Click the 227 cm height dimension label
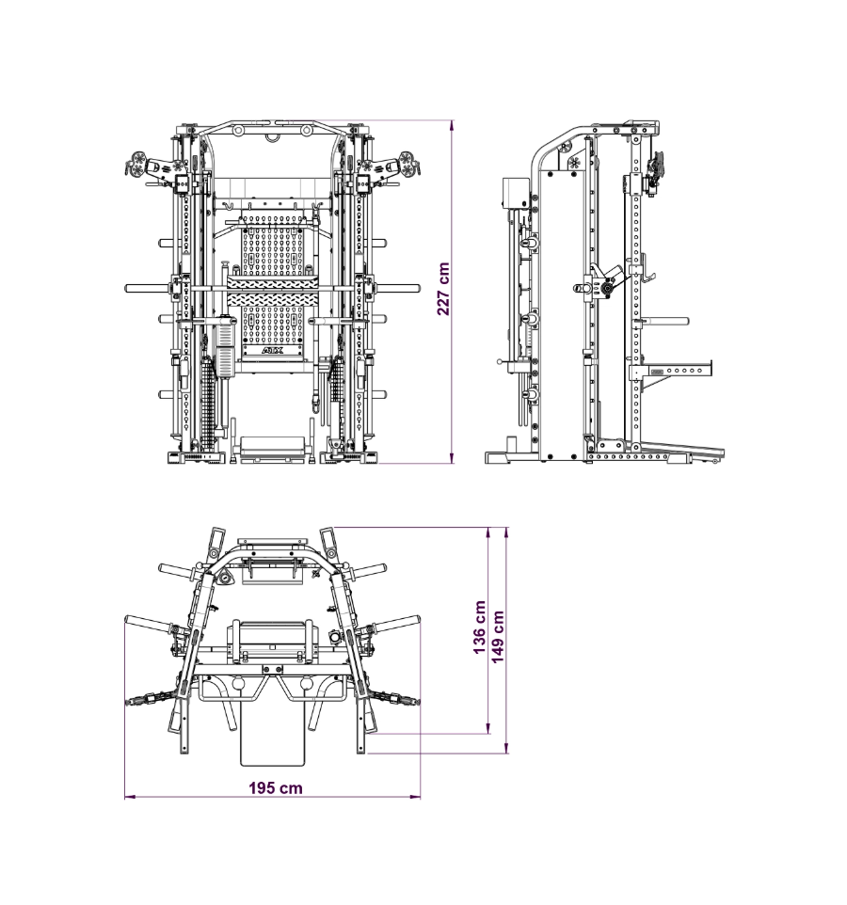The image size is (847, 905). click(443, 289)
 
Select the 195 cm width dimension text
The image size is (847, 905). click(276, 787)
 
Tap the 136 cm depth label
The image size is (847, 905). click(479, 628)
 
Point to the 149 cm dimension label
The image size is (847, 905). click(497, 637)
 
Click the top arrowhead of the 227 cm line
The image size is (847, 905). click(452, 125)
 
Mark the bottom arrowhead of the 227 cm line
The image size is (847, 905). click(452, 459)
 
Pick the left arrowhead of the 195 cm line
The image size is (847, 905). click(129, 797)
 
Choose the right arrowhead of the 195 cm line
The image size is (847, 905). click(416, 797)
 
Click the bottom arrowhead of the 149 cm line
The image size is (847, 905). click(506, 749)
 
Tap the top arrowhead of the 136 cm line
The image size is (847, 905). click(489, 532)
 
